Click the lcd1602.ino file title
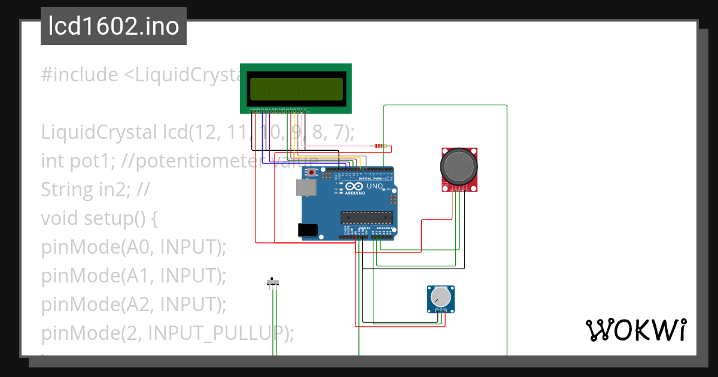pyautogui.click(x=114, y=27)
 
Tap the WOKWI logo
pyautogui.click(x=635, y=330)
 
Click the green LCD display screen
pyautogui.click(x=296, y=89)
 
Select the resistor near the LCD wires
pyautogui.click(x=379, y=145)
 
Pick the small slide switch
pyautogui.click(x=273, y=282)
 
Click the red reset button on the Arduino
pyautogui.click(x=311, y=172)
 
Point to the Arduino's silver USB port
pyautogui.click(x=305, y=188)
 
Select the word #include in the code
pyautogui.click(x=80, y=75)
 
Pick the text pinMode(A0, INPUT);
pyautogui.click(x=133, y=247)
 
